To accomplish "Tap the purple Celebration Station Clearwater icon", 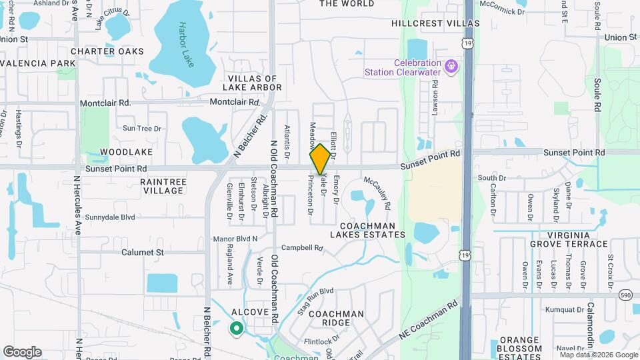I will (x=452, y=66).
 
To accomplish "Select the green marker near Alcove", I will (x=235, y=327).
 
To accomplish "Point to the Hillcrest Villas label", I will (x=435, y=23).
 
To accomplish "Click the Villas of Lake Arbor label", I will (x=255, y=83).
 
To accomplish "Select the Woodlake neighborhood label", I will (x=105, y=152).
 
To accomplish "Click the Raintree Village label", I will (x=162, y=186).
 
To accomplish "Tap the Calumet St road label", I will (x=143, y=253).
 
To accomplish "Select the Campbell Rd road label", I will (x=302, y=248).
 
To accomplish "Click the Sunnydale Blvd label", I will (x=110, y=217).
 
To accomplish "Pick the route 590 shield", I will (x=625, y=295).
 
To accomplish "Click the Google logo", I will (x=22, y=351).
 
